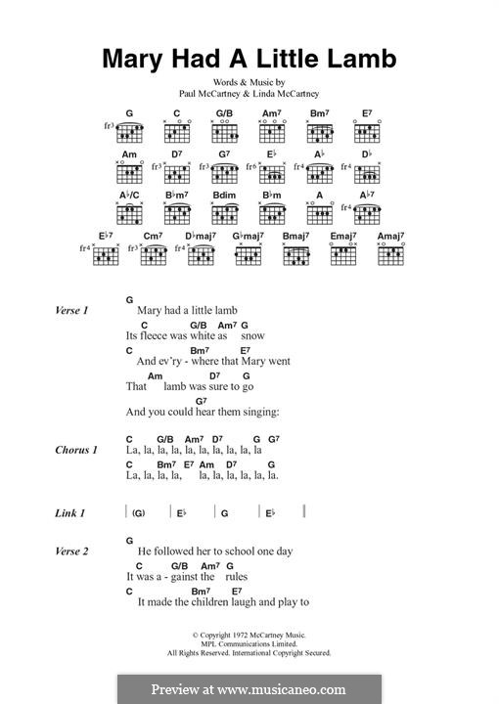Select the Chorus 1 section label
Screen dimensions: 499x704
click(75, 451)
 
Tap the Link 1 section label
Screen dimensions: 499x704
click(70, 512)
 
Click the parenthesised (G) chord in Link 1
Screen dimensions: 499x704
click(138, 512)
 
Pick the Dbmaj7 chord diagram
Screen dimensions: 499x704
click(201, 254)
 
